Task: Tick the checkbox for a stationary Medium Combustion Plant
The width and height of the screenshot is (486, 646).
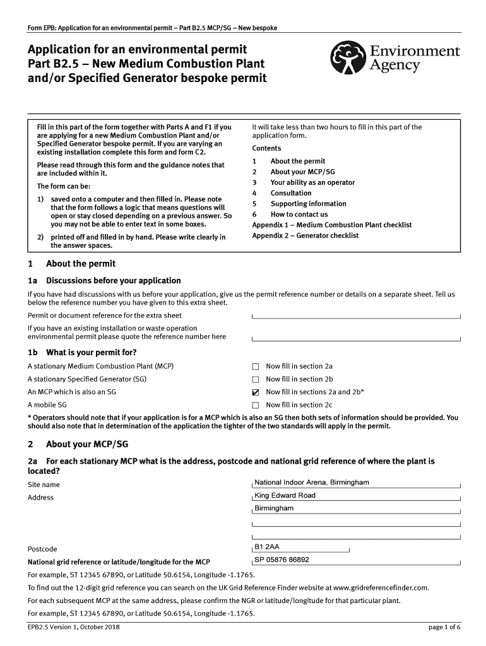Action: (256, 367)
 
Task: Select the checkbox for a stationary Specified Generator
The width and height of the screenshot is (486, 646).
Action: (256, 379)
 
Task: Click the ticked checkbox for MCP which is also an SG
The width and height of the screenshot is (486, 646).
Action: (256, 392)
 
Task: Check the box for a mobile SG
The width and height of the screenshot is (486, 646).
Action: (256, 405)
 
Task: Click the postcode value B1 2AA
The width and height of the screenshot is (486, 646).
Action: (266, 547)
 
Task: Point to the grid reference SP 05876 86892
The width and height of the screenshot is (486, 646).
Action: (282, 560)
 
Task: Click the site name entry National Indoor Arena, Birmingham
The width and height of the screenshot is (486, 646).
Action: (311, 483)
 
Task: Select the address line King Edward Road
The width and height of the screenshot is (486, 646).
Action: (285, 496)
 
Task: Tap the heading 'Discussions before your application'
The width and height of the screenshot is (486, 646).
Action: (113, 281)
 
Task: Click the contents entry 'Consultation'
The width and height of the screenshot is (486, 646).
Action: (291, 193)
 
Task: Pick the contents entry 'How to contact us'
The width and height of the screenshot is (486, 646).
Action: (299, 214)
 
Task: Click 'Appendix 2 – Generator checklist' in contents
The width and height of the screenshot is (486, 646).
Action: (305, 235)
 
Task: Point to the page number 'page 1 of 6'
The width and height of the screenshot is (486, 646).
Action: (444, 627)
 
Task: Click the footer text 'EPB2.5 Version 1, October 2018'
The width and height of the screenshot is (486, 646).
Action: (74, 627)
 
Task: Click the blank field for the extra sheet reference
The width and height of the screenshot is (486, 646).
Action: (356, 315)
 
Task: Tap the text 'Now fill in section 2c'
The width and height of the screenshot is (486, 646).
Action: (299, 405)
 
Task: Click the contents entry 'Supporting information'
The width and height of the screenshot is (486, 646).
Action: (308, 204)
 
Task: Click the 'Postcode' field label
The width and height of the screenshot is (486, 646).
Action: (42, 549)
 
